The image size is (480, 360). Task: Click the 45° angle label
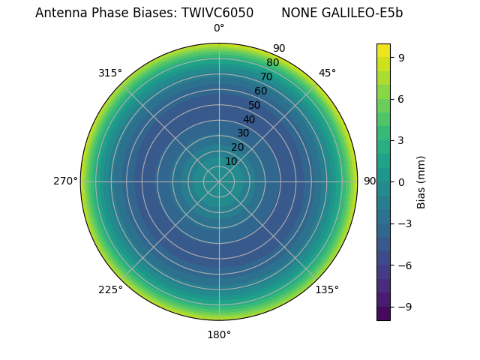[327, 73]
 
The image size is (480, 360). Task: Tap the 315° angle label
[110, 73]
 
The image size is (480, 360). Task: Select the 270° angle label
[65, 181]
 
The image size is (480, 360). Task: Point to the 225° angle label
[110, 289]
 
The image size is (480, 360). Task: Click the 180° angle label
[219, 334]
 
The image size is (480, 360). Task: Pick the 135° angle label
[327, 289]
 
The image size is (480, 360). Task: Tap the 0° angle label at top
[219, 28]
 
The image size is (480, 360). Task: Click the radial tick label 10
[231, 161]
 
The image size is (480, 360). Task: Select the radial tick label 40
[249, 119]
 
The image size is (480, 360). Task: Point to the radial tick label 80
[272, 63]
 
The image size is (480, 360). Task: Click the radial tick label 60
[260, 91]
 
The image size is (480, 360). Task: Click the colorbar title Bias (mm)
[421, 181]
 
